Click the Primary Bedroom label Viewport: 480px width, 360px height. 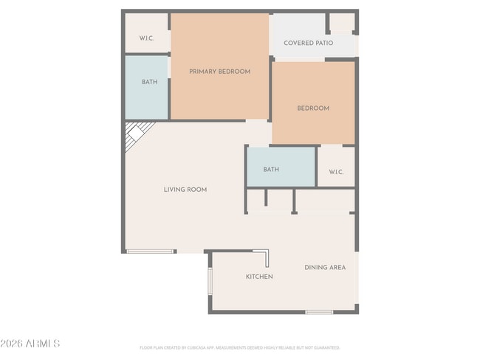coord(219,72)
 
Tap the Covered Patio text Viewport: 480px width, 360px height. coord(308,43)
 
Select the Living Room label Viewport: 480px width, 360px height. coord(185,190)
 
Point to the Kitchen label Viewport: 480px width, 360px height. coord(259,277)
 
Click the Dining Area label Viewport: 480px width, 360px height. coord(325,267)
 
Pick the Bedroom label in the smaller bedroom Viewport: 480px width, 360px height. coord(313,108)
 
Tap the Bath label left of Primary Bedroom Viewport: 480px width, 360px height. coord(149,82)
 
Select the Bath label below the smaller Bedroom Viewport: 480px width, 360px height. coord(271,170)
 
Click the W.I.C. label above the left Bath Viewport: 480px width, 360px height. coord(146,38)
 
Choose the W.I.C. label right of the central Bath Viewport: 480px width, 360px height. coord(336,172)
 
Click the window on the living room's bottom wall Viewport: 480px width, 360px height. coord(151,252)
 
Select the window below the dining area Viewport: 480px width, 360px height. coord(319,312)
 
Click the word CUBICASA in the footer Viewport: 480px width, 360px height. coord(194,347)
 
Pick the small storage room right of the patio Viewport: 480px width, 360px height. coord(341,23)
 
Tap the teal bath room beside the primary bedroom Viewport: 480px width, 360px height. coord(146,89)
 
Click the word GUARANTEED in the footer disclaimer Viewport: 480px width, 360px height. coord(326,347)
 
